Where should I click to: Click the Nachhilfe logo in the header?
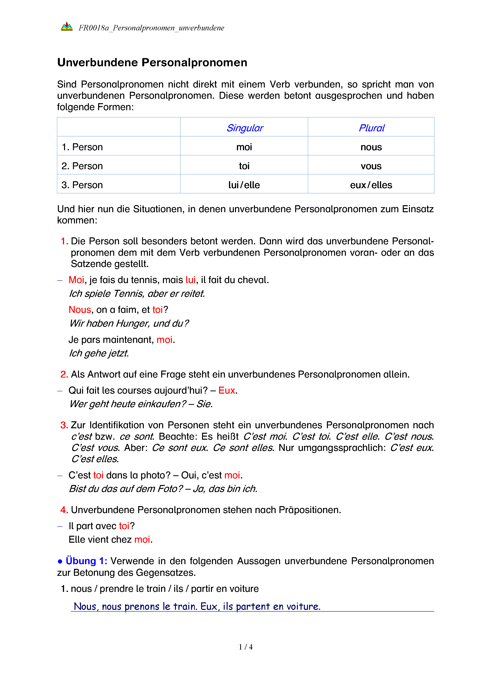[x=67, y=27]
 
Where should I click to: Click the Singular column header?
[x=244, y=128]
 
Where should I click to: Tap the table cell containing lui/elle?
[x=244, y=185]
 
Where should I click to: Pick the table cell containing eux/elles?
[x=371, y=185]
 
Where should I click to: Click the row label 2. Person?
[x=82, y=166]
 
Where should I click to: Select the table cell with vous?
[x=371, y=166]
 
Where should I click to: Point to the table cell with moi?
[x=244, y=147]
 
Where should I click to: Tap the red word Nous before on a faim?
[x=80, y=310]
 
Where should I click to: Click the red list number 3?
[x=64, y=425]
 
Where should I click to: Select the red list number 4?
[x=64, y=510]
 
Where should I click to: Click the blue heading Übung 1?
[x=86, y=561]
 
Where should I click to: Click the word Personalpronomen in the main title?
[x=194, y=63]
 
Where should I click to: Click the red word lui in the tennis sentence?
[x=191, y=280]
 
